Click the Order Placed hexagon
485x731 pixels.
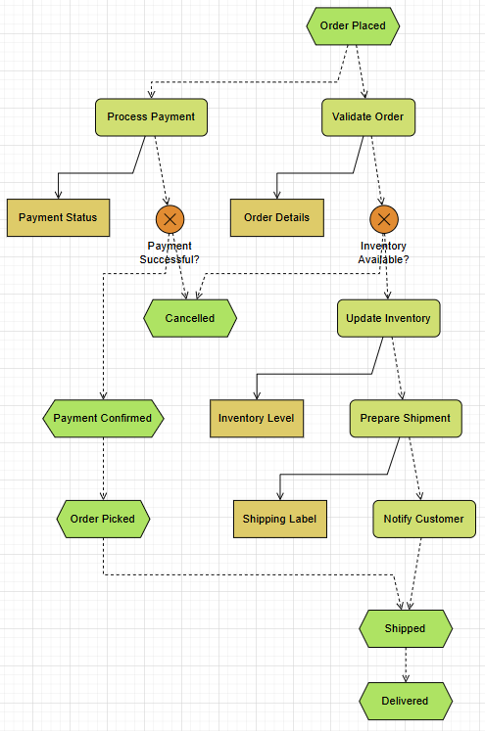[x=353, y=25]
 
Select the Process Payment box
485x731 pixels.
[x=151, y=116]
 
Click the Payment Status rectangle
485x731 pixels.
[x=58, y=217]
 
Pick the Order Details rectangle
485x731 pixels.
[x=276, y=217]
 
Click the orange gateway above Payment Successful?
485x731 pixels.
[x=170, y=218]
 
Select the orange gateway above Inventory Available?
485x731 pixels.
[x=384, y=218]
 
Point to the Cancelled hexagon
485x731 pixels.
[x=190, y=318]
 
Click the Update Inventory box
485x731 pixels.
[x=388, y=318]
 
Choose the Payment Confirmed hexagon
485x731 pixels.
[x=103, y=418]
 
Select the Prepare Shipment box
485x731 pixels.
[x=405, y=418]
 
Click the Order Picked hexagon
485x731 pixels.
[x=103, y=519]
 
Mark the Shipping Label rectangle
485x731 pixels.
[x=279, y=519]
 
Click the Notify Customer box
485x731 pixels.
[x=423, y=519]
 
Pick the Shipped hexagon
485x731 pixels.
[x=406, y=628]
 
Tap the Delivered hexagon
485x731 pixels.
[x=406, y=701]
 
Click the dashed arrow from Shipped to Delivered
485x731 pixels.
[x=406, y=664]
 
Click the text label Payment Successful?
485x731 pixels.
[x=170, y=252]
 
